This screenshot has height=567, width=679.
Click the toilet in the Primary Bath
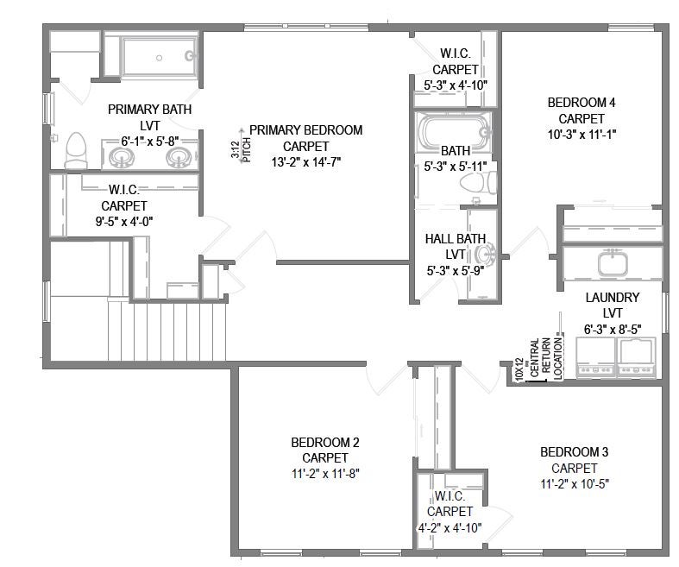pyautogui.click(x=76, y=150)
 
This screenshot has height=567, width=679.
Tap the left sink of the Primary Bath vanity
pyautogui.click(x=121, y=158)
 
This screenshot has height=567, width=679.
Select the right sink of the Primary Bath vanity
pyautogui.click(x=179, y=158)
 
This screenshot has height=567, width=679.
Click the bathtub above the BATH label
pyautogui.click(x=454, y=132)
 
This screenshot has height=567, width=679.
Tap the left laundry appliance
pyautogui.click(x=596, y=357)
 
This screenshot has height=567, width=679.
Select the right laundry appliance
pyautogui.click(x=636, y=357)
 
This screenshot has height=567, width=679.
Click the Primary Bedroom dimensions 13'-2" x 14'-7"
pyautogui.click(x=305, y=162)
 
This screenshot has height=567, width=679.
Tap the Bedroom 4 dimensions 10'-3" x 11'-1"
pyautogui.click(x=582, y=135)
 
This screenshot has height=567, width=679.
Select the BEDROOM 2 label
pyautogui.click(x=324, y=443)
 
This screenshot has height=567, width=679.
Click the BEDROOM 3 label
pyautogui.click(x=575, y=452)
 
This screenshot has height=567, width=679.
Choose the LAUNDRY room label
pyautogui.click(x=613, y=298)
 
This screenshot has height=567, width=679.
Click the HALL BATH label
pyautogui.click(x=456, y=239)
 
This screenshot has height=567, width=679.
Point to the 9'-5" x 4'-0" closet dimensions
pyautogui.click(x=124, y=222)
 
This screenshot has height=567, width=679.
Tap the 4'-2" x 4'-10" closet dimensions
pyautogui.click(x=450, y=528)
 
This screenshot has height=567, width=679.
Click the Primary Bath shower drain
pyautogui.click(x=159, y=58)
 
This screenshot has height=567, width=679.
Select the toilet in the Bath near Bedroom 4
pyautogui.click(x=478, y=183)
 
